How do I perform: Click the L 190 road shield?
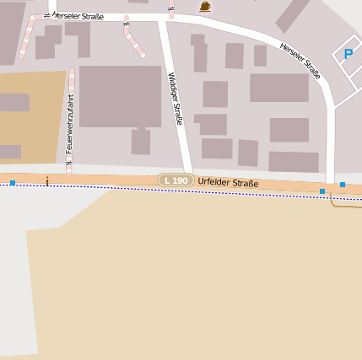point(176,180)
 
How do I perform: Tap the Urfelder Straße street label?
point(228,183)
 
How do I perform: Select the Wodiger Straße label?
point(175,99)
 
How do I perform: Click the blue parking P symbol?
point(348,55)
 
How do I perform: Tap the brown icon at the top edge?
point(205,6)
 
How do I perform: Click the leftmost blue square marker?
point(13,182)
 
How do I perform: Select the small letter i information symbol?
point(48,180)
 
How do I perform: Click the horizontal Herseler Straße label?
point(78,16)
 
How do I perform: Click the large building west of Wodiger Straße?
point(120,96)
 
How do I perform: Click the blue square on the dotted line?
point(322,191)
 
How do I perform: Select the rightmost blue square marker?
point(343,184)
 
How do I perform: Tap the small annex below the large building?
point(141,141)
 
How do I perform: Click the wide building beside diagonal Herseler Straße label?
point(278,88)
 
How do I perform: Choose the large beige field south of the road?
point(194,278)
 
